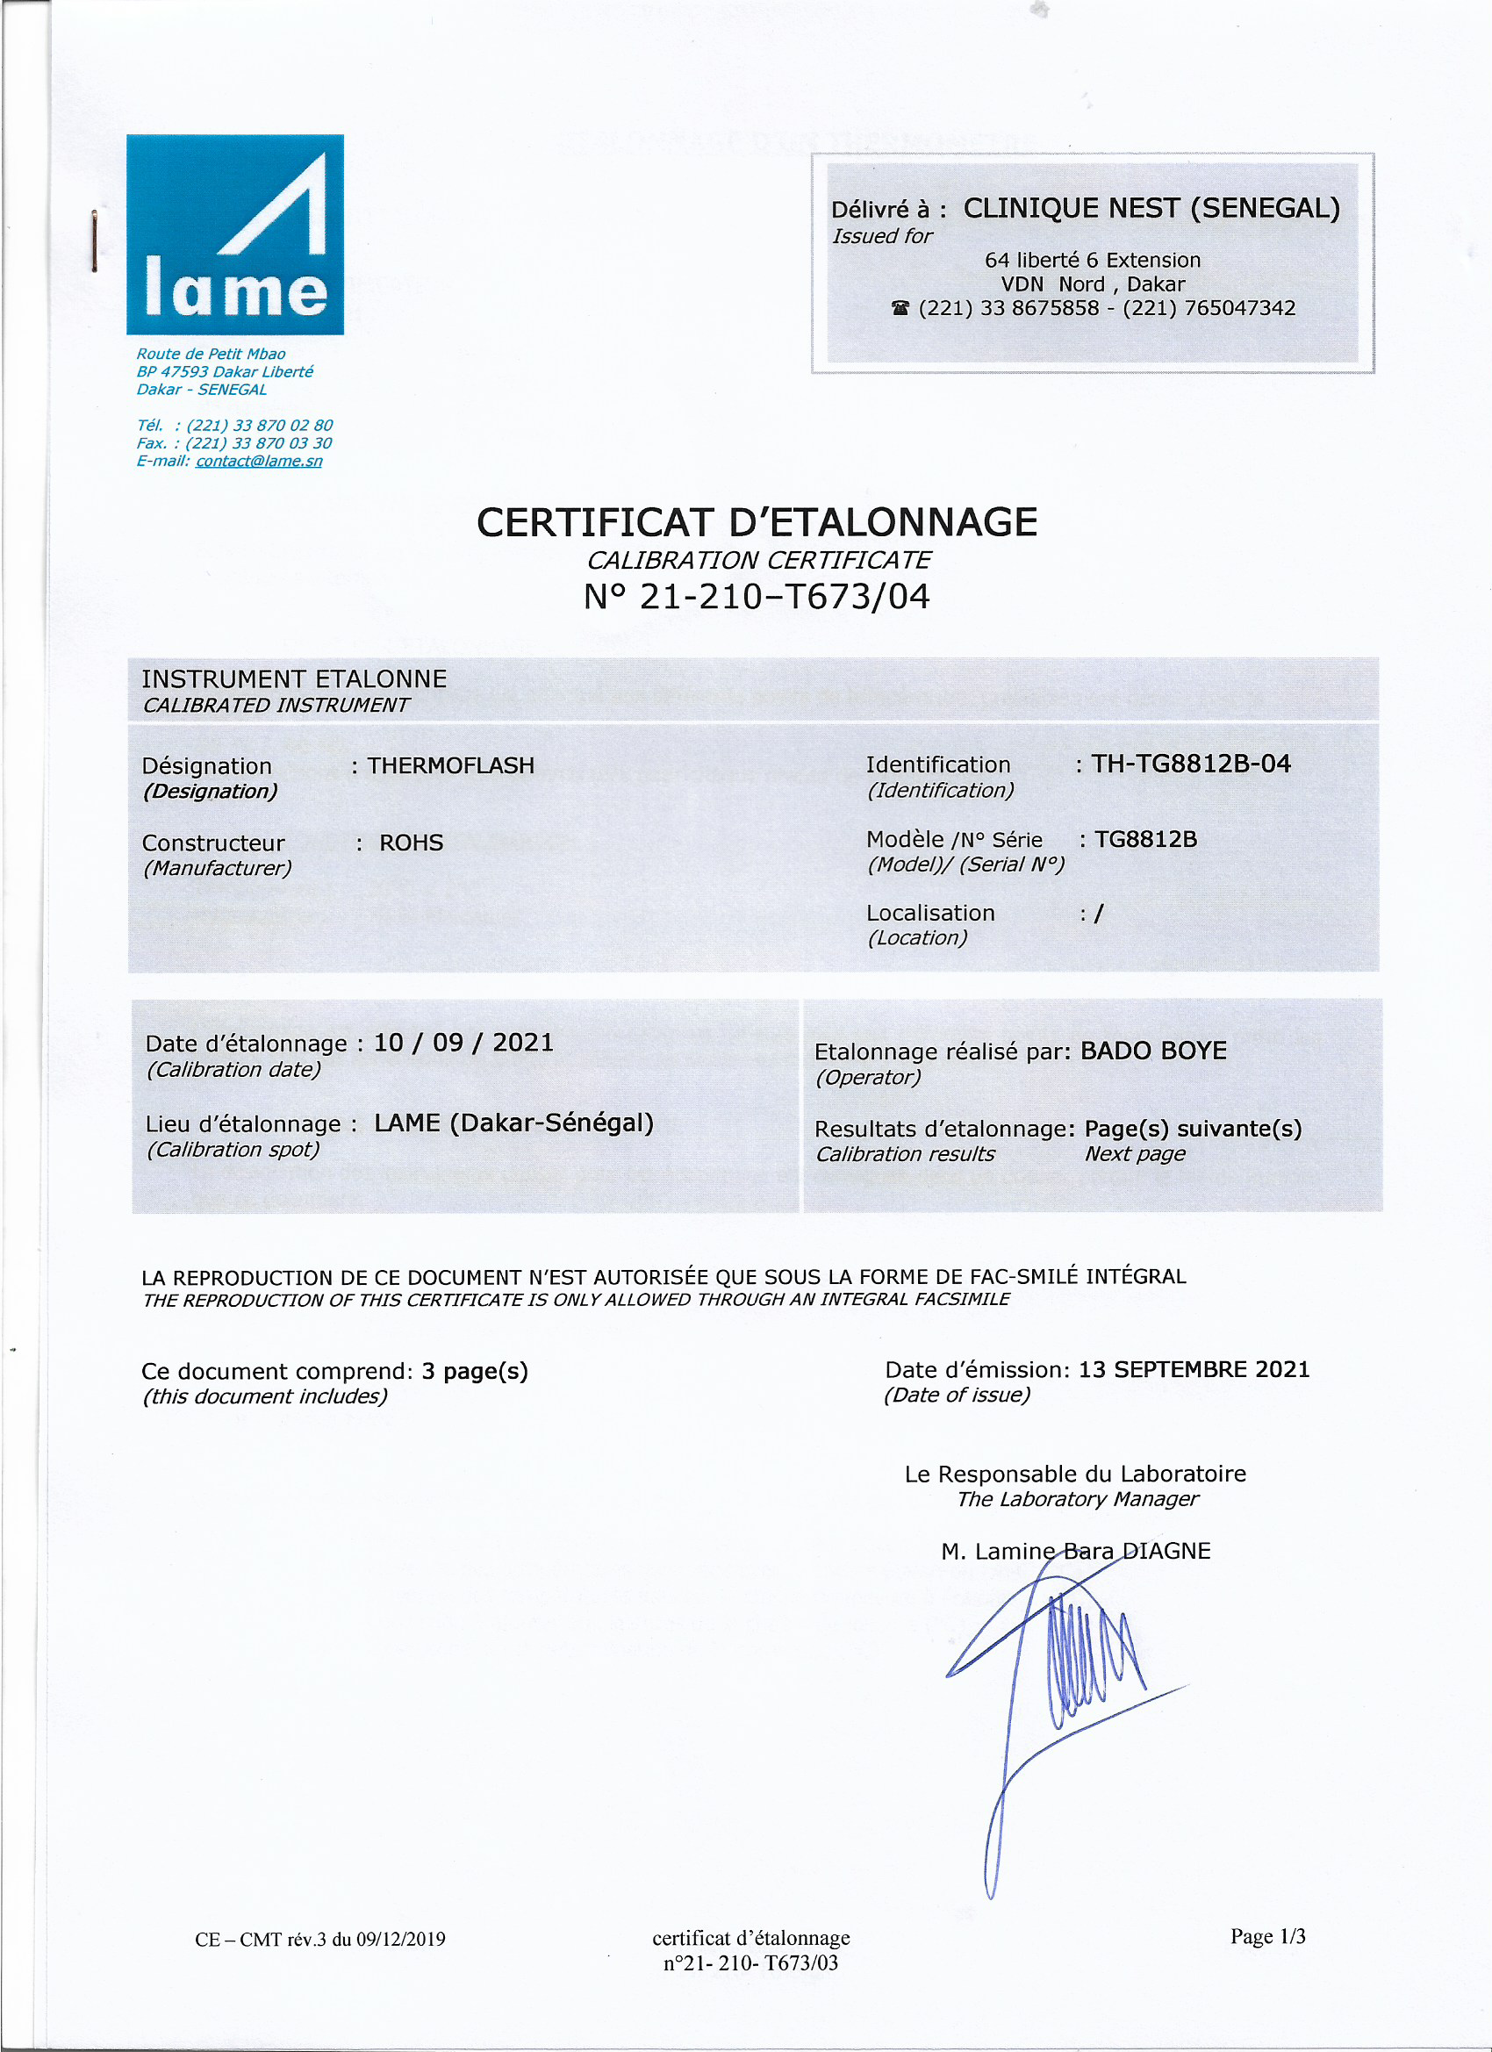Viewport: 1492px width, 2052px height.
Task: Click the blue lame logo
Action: (234, 234)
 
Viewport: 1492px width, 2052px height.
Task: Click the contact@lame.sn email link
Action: (259, 462)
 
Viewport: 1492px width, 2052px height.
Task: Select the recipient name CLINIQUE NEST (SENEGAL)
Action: (1151, 209)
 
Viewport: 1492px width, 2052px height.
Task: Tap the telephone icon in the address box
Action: (900, 309)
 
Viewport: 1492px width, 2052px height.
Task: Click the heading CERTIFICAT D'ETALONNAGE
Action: (757, 523)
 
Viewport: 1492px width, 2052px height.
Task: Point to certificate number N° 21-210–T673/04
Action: (757, 597)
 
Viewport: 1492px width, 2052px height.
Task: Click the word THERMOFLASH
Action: (450, 765)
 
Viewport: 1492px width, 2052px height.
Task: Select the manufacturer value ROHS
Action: (411, 843)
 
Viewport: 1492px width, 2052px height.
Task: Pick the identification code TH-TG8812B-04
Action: (1191, 764)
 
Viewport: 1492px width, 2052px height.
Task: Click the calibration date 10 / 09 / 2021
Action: (463, 1043)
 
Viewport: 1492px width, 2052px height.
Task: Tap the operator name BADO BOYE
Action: (1153, 1051)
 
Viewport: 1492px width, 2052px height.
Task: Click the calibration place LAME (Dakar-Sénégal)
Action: (513, 1123)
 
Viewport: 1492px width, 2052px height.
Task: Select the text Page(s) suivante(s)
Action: (1193, 1128)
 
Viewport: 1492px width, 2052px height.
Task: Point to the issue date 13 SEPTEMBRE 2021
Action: (1194, 1369)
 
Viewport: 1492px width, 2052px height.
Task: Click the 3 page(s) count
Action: (474, 1371)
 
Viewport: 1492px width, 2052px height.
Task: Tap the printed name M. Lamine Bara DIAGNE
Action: (1075, 1551)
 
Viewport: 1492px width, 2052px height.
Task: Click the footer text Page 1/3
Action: (1266, 1936)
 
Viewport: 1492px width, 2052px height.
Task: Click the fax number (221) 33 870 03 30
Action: (259, 443)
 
